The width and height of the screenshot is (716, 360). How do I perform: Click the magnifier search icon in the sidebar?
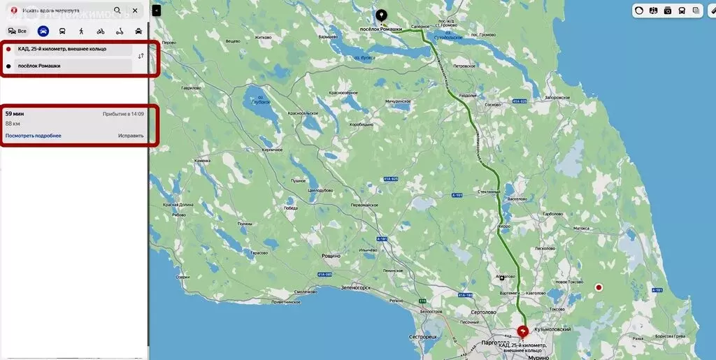117,10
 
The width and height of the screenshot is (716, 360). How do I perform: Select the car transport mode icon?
43,31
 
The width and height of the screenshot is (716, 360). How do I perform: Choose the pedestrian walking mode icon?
81,31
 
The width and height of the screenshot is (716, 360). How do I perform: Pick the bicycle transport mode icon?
101,31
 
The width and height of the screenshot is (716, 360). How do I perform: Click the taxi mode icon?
138,31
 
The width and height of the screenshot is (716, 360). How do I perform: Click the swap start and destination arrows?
141,56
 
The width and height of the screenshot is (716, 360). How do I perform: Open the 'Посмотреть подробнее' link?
33,136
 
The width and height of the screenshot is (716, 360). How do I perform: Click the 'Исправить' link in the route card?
131,136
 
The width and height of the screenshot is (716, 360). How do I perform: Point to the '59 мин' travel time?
15,113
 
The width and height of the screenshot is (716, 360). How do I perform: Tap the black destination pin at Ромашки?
381,15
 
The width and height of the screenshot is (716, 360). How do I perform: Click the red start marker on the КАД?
522,331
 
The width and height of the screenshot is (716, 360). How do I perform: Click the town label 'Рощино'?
331,256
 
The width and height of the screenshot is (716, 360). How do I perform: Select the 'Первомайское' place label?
364,205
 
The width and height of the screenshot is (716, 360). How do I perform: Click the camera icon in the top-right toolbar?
667,10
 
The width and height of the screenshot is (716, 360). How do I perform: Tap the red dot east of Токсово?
599,287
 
